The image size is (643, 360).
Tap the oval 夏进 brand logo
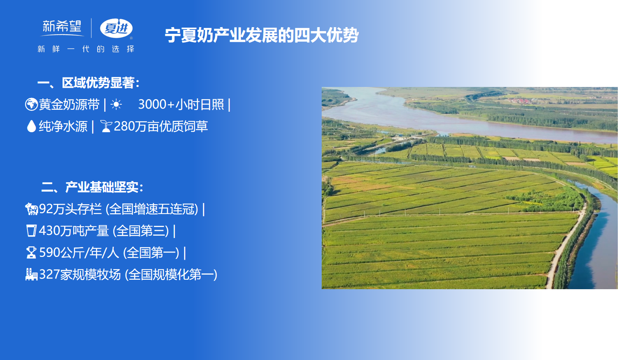click(x=116, y=28)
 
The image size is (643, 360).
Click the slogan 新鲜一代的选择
click(x=86, y=49)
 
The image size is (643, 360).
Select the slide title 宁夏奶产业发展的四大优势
click(x=262, y=35)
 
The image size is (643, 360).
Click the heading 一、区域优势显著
click(x=88, y=83)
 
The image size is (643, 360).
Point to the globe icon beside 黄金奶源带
click(x=31, y=104)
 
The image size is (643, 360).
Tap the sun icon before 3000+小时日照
click(x=116, y=104)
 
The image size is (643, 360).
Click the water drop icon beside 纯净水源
click(x=31, y=126)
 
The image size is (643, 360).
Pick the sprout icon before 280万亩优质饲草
click(x=106, y=126)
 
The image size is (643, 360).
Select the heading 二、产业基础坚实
click(x=92, y=187)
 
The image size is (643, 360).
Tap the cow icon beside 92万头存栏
click(x=31, y=209)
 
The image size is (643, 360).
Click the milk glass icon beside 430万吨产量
click(x=31, y=231)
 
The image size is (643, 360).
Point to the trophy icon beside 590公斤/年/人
click(x=31, y=253)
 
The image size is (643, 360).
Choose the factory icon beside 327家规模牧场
click(x=31, y=274)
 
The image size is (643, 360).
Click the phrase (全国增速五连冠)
click(x=152, y=209)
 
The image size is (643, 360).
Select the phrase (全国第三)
click(x=141, y=231)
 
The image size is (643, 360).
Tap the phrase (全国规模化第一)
click(x=171, y=275)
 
